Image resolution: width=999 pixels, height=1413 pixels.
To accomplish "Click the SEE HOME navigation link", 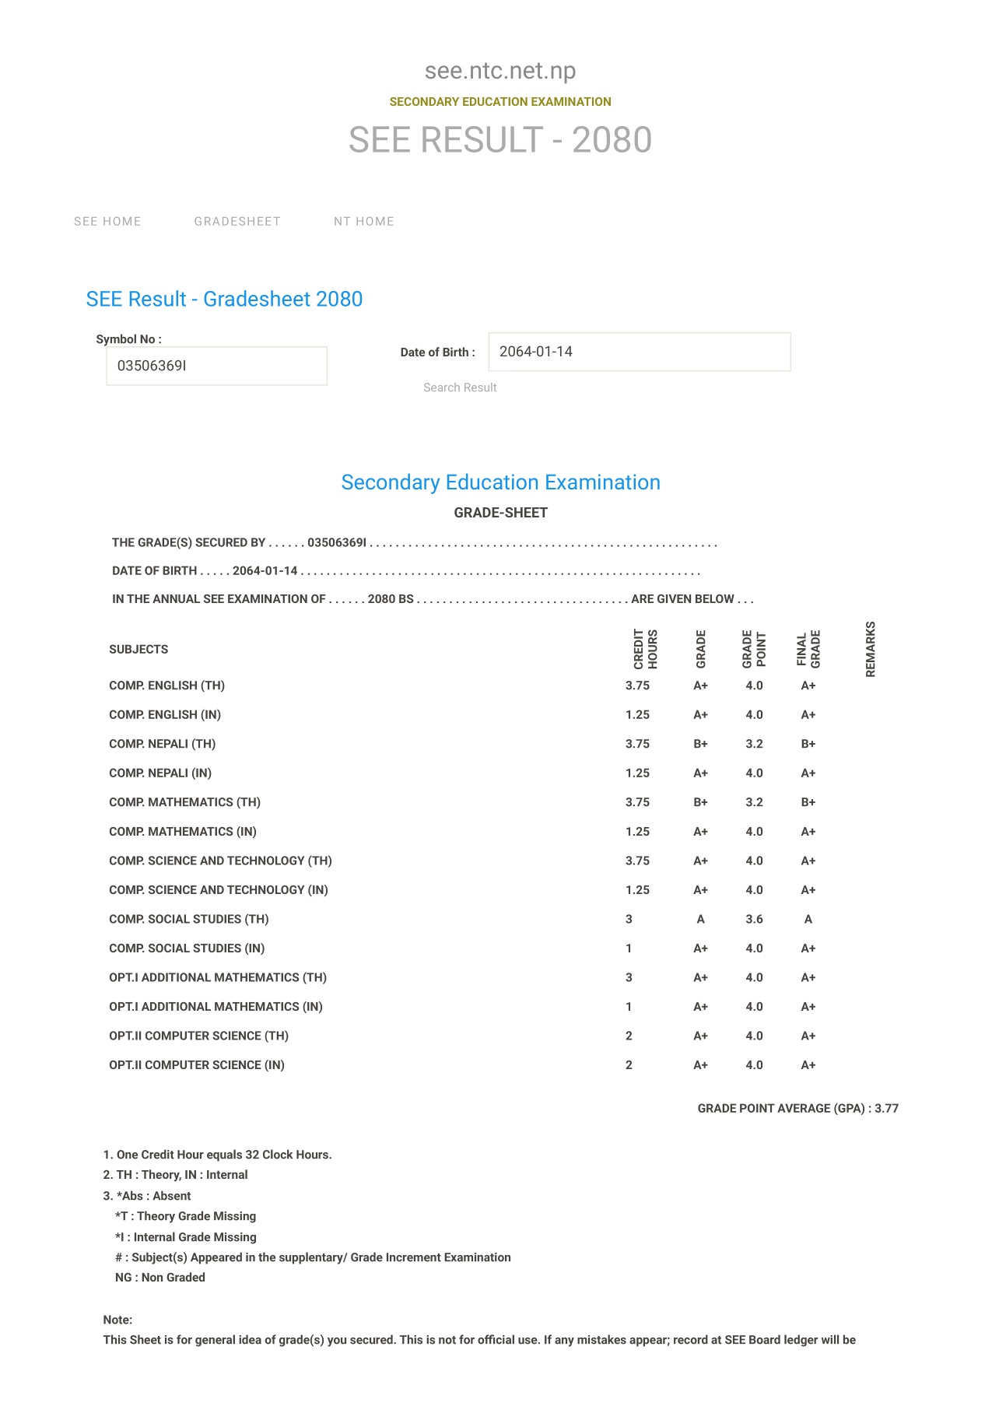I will point(107,222).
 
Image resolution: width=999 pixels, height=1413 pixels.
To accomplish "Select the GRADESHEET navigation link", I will point(237,222).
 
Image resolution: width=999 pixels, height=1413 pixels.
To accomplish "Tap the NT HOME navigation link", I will point(363,222).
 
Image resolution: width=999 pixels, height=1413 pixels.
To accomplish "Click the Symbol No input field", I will point(216,366).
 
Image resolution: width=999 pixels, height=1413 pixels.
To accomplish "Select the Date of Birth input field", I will point(639,352).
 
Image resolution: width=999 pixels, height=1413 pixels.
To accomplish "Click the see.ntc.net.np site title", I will point(500,71).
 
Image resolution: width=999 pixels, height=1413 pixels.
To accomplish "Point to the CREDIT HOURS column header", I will point(645,649).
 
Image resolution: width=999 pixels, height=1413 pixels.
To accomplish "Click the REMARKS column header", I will point(871,649).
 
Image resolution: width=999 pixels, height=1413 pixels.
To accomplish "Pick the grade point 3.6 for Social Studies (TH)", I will point(754,919).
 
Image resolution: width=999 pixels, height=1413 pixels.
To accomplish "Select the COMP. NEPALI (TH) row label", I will point(163,744).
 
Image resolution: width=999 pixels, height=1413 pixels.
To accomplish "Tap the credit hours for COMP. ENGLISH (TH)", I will point(637,685).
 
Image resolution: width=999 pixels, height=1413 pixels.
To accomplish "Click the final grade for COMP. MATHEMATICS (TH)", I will point(808,802).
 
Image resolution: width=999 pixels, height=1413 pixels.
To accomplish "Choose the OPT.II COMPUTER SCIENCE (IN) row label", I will point(197,1065).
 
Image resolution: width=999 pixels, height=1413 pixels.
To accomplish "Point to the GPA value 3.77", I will point(886,1108).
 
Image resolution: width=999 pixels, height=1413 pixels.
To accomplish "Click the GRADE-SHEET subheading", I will point(500,513).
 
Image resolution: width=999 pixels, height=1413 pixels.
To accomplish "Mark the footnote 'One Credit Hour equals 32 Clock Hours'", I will point(218,1155).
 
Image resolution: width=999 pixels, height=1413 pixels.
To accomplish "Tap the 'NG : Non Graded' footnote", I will point(160,1278).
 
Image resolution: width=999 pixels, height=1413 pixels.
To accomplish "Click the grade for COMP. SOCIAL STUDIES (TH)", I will point(700,919).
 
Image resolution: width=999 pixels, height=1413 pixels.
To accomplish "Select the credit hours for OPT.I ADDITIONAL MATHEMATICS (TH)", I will point(629,977).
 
